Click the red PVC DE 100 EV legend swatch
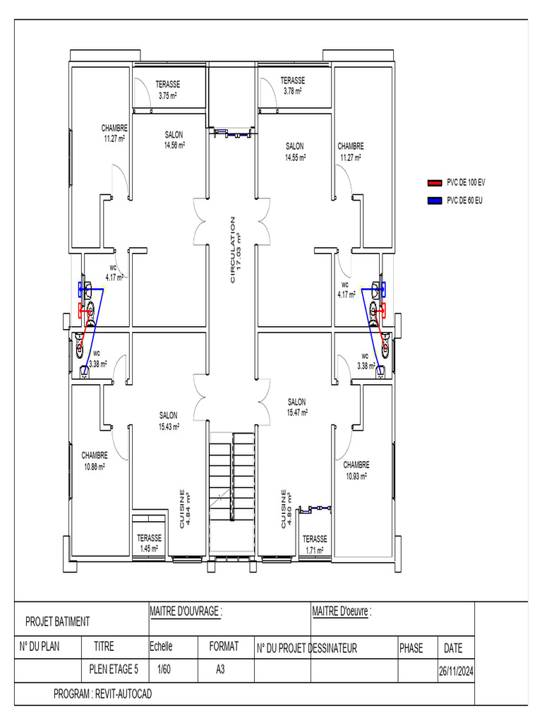point(435,182)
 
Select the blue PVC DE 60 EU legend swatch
point(435,201)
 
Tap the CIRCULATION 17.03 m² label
point(236,250)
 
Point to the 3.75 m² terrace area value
point(167,95)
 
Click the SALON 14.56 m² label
point(174,140)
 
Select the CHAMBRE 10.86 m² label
point(95,460)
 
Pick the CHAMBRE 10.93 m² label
point(356,470)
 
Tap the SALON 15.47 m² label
point(297,407)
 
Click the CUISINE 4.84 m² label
point(186,510)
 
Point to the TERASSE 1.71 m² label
point(315,544)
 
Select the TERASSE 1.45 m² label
point(149,543)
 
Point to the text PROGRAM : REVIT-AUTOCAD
point(102,694)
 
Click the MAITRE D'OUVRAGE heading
point(186,611)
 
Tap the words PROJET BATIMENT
point(57,621)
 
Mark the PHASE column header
point(411,647)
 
